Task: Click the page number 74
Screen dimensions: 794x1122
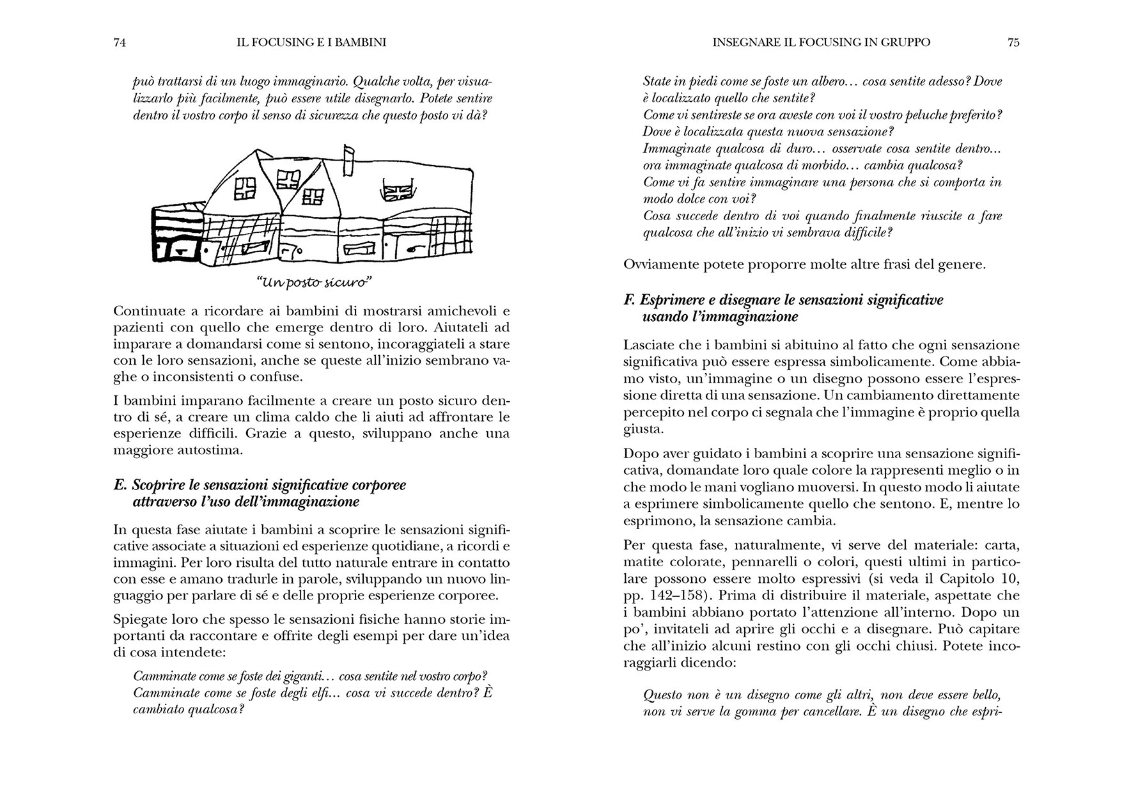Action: point(118,43)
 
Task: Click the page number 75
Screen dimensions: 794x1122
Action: point(1013,43)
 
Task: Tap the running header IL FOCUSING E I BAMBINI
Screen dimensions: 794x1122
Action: point(311,43)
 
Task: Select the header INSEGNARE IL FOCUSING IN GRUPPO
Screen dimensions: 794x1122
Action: point(821,43)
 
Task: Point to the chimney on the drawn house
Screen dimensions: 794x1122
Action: point(348,161)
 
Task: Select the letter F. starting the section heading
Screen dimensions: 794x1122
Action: point(629,300)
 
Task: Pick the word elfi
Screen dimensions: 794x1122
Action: point(316,693)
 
